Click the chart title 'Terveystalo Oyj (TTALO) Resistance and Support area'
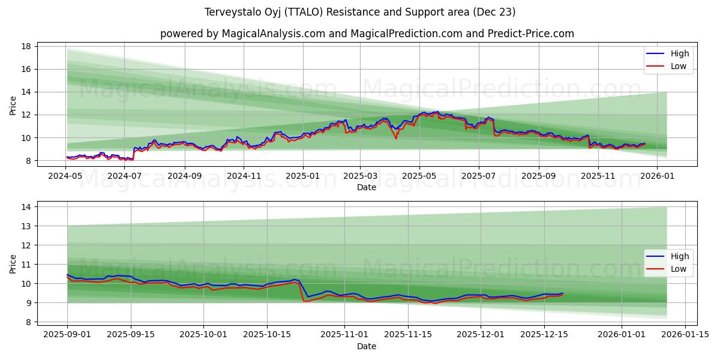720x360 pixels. [x=360, y=12]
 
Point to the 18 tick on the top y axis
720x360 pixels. [x=26, y=46]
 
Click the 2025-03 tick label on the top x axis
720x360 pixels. [x=360, y=176]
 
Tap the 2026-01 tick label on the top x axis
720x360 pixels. [x=657, y=176]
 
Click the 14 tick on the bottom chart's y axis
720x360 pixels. [x=26, y=207]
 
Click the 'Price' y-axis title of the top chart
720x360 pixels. [x=13, y=105]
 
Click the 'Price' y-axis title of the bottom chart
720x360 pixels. [x=13, y=264]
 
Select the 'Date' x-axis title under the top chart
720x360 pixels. [x=367, y=187]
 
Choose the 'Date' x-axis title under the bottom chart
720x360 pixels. [x=367, y=346]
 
